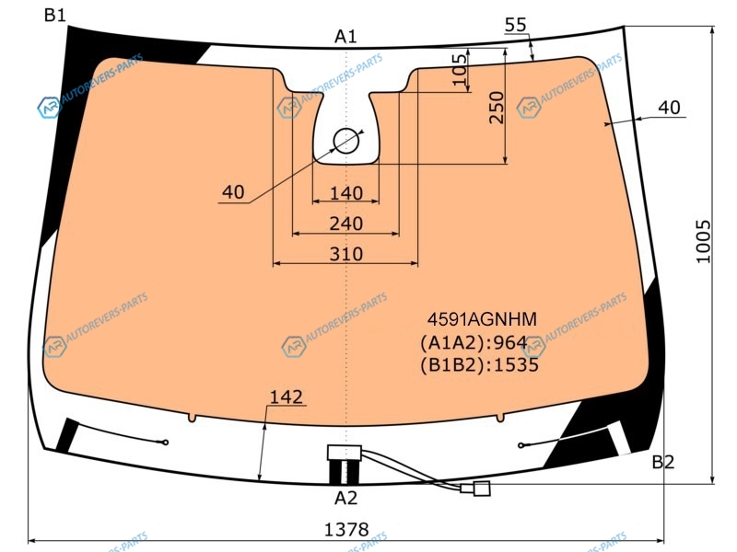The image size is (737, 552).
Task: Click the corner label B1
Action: click(55, 15)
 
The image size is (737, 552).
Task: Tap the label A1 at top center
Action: click(345, 36)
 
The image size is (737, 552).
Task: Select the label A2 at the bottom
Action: click(345, 498)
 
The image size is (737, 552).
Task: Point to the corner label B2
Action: click(662, 463)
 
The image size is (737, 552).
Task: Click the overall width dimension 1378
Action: click(346, 530)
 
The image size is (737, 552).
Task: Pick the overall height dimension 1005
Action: click(703, 241)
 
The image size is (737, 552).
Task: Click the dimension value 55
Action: click(516, 25)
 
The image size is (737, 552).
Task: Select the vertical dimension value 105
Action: click(460, 70)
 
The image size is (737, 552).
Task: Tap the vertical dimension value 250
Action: click(497, 108)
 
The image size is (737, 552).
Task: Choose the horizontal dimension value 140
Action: click(346, 193)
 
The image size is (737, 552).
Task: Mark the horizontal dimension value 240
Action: click(346, 224)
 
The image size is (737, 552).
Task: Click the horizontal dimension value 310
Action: click(346, 255)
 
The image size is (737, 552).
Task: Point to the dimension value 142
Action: click(287, 397)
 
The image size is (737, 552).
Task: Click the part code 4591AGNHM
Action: click(482, 319)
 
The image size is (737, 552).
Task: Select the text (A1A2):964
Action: click(474, 343)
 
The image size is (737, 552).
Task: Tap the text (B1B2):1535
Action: click(479, 365)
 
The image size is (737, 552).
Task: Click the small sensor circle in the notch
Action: click(346, 141)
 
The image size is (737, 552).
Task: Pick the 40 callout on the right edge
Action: click(669, 108)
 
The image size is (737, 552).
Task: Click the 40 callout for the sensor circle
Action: click(233, 192)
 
